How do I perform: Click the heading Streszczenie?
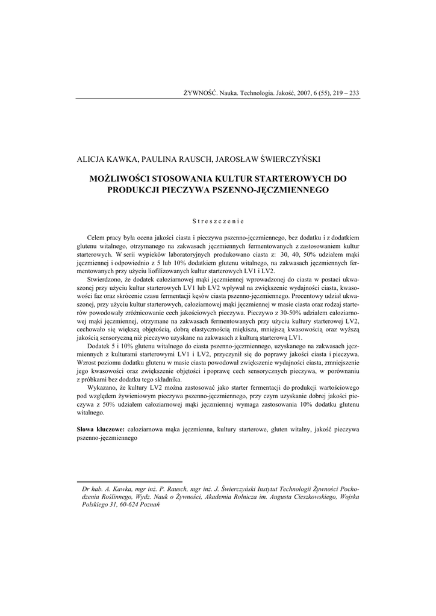click(218, 221)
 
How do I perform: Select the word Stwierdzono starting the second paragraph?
click(106, 280)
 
